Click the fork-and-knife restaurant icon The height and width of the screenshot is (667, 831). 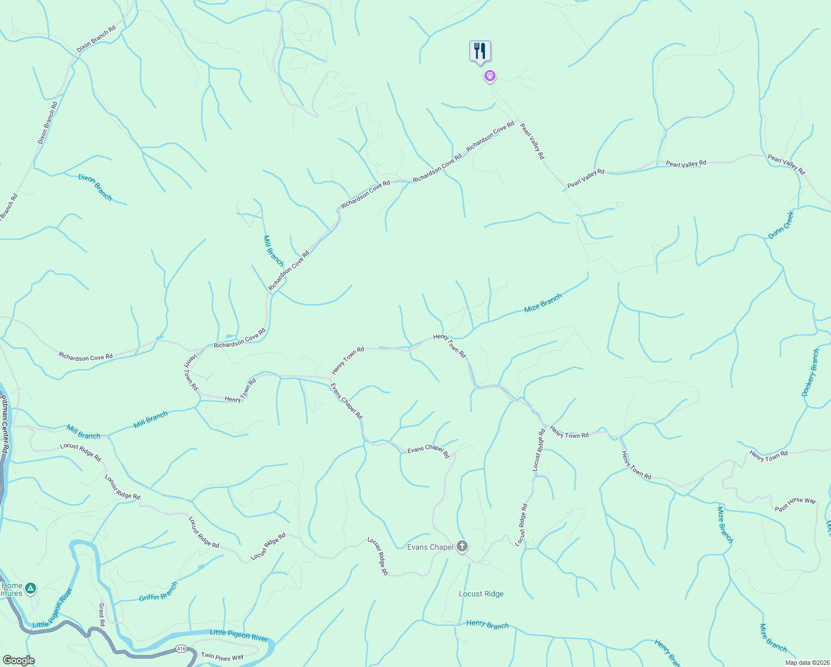click(480, 51)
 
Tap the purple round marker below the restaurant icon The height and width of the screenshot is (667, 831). click(489, 76)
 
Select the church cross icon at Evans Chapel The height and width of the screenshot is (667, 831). click(462, 546)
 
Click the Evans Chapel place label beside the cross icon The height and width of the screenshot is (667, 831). click(430, 547)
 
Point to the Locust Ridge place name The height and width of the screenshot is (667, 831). click(481, 594)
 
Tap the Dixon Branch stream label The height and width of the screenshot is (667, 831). click(95, 187)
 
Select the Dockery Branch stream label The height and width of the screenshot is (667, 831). click(810, 372)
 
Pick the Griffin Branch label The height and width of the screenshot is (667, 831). click(158, 592)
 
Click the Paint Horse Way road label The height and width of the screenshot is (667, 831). click(795, 504)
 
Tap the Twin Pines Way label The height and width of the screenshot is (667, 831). click(222, 656)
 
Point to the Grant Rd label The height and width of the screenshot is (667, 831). click(102, 614)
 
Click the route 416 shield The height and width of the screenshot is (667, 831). click(181, 648)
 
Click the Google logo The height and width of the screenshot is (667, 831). click(18, 660)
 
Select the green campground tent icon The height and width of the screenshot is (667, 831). click(31, 588)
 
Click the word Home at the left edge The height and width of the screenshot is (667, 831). click(12, 585)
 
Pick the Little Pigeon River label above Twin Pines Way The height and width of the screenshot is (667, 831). click(239, 635)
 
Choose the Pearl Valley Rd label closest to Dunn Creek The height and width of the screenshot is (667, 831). click(786, 165)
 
